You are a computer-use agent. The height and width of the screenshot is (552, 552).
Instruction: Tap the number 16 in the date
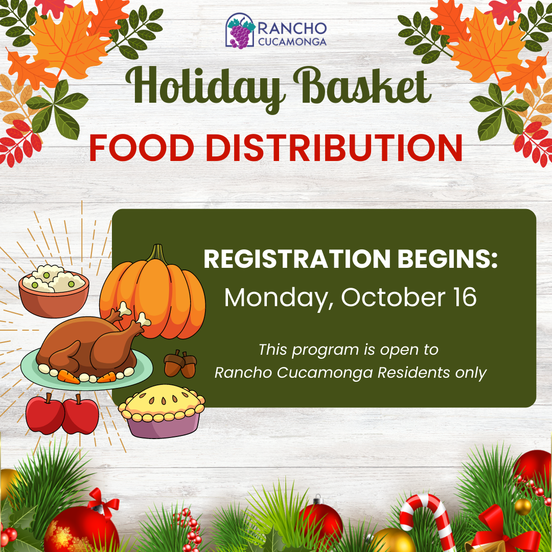(x=464, y=297)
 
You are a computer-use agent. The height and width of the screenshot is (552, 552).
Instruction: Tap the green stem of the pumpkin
(x=157, y=253)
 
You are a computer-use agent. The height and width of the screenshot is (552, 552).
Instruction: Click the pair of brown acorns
(x=180, y=364)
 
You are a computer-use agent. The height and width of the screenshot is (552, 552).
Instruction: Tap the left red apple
(x=45, y=414)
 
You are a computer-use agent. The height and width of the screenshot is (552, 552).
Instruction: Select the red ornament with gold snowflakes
(x=81, y=530)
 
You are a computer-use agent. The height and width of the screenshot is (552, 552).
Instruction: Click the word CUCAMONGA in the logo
(x=292, y=41)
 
